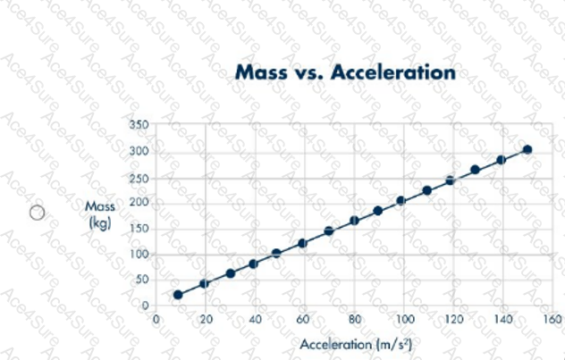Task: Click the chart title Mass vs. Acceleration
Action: tap(345, 72)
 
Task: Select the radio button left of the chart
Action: tap(37, 213)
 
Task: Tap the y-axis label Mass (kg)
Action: tap(99, 214)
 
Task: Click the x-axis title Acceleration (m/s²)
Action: tap(356, 343)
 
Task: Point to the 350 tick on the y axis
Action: tap(138, 124)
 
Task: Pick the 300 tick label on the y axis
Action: tap(138, 151)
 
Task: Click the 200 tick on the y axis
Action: tap(138, 203)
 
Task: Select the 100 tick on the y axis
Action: tap(138, 254)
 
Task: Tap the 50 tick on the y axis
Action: tap(140, 280)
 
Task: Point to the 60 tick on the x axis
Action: tap(303, 319)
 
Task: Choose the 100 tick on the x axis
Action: tap(404, 319)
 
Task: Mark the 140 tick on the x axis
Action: tap(503, 319)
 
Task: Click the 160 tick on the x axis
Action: tap(552, 319)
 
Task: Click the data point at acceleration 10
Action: tap(178, 294)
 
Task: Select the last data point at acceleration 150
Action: tap(527, 149)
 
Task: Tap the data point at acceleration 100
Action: tap(401, 201)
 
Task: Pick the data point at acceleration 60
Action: tap(302, 243)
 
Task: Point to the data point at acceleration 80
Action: tap(354, 220)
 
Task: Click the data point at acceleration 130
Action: tap(475, 170)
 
